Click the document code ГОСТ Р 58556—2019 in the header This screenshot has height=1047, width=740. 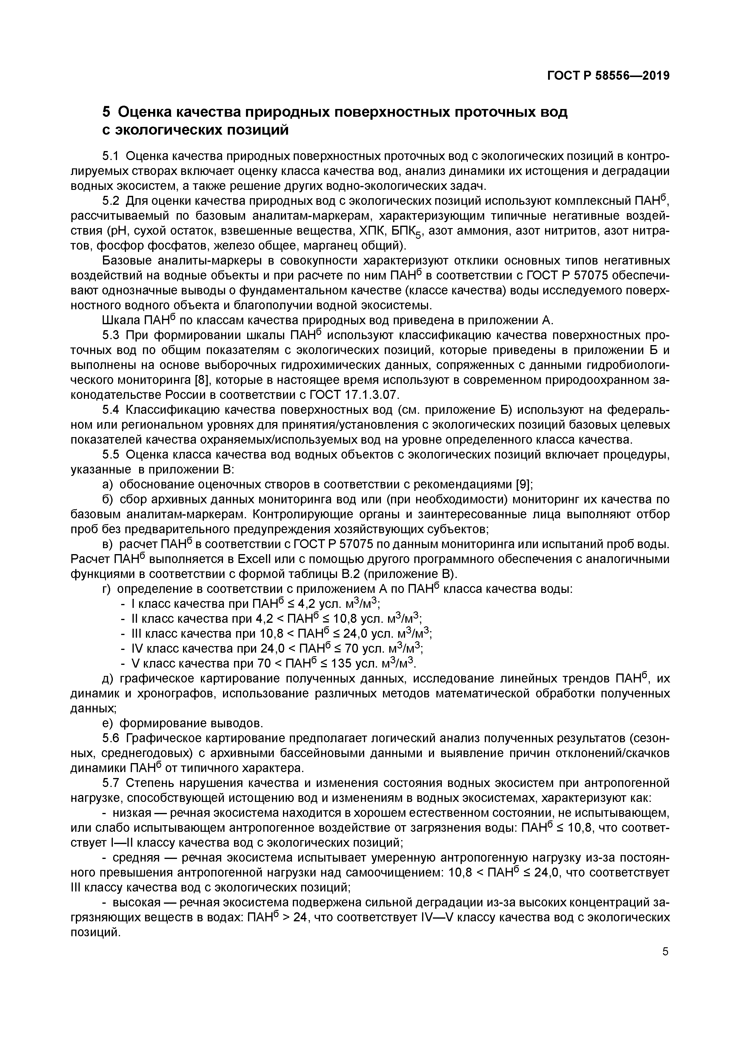click(608, 76)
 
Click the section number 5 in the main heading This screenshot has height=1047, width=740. click(106, 112)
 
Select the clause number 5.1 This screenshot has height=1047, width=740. click(110, 156)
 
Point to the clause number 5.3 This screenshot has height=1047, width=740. click(110, 335)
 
